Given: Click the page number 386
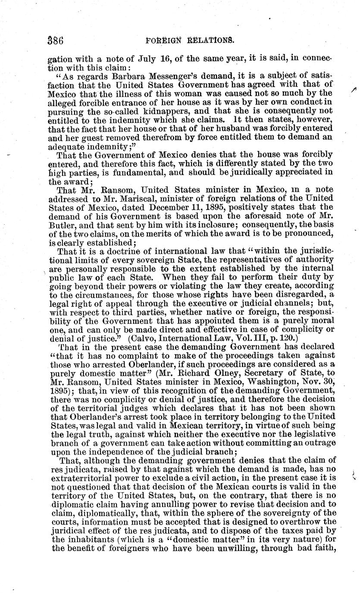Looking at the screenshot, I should pyautogui.click(x=56, y=41).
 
